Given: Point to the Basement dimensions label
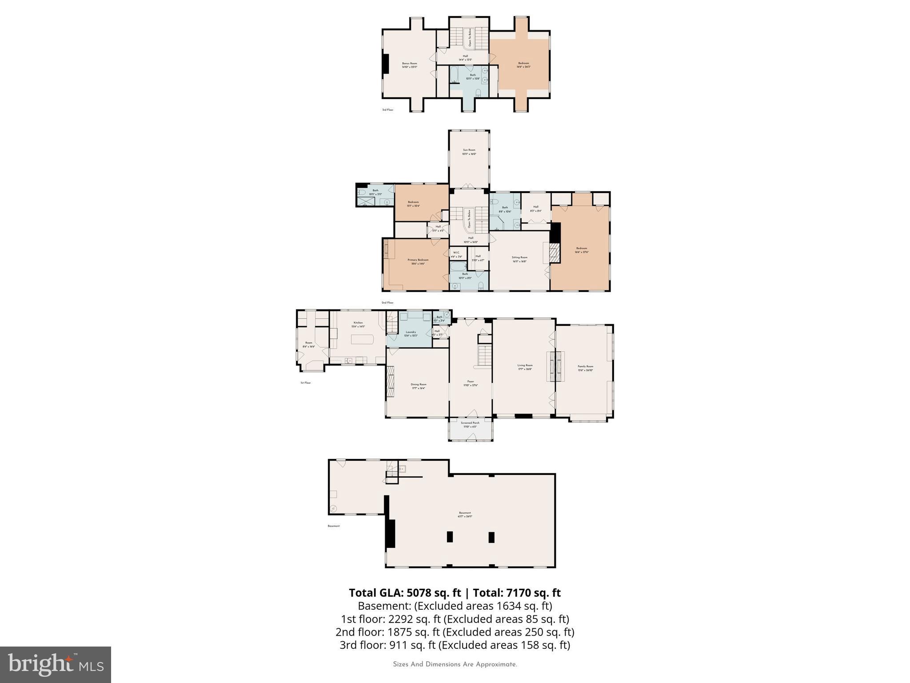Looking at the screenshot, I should [465, 517].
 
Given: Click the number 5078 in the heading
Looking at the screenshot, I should [419, 593].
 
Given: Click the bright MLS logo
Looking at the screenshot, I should [55, 664].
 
